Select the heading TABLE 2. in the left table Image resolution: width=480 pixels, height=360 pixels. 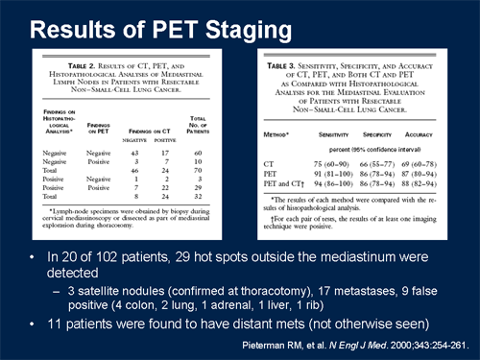click(x=74, y=60)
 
